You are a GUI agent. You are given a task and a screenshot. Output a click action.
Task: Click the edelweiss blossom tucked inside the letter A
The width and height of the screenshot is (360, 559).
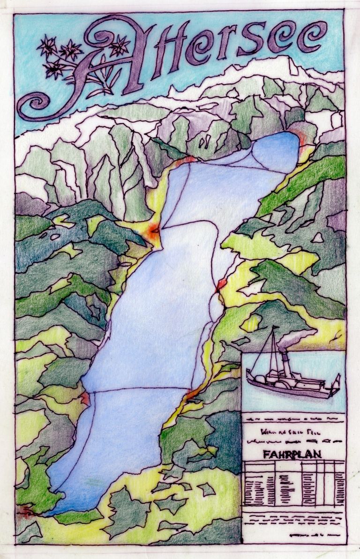(x=119, y=45)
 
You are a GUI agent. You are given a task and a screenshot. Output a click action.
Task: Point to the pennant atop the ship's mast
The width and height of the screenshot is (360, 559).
(x=274, y=332)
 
